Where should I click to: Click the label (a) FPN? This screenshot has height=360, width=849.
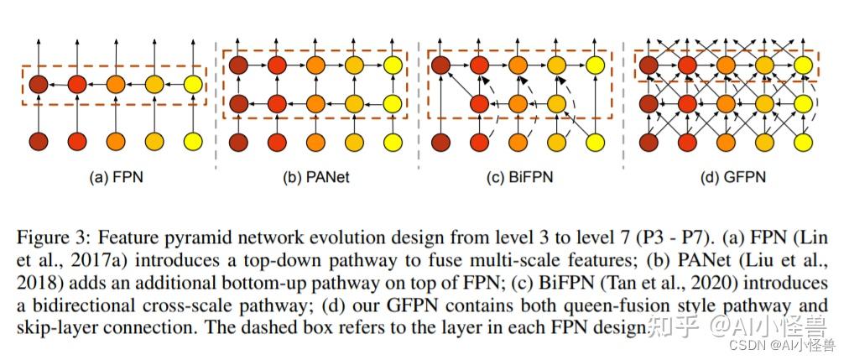click(x=113, y=178)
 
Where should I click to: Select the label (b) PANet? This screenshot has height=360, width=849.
click(x=315, y=178)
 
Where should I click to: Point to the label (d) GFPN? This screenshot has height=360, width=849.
click(x=727, y=178)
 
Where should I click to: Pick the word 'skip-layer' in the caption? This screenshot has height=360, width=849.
click(x=57, y=327)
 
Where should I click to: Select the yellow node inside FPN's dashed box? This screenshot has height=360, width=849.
click(x=192, y=84)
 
